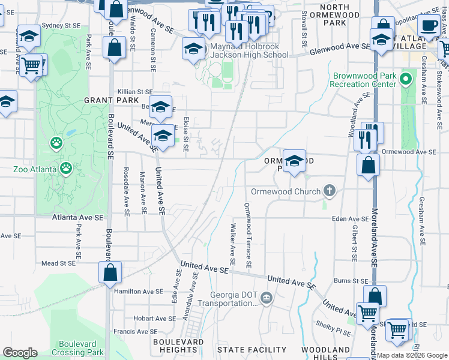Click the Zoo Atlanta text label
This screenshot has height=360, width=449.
coord(35,169)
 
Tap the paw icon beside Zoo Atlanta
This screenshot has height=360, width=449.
coord(56,143)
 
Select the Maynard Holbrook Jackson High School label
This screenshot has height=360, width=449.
coord(248,50)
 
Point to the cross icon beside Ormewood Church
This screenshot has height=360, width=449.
coord(329,191)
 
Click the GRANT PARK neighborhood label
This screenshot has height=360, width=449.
coord(107,100)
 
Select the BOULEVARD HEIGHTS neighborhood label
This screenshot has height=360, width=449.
coord(178,345)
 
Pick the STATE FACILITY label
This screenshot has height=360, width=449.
coord(252,349)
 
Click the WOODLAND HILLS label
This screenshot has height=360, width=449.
coord(326,353)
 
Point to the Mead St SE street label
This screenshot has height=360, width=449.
coord(58,263)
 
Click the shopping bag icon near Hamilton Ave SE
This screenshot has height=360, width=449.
coord(110,273)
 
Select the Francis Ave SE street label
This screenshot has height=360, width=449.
coord(135,331)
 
